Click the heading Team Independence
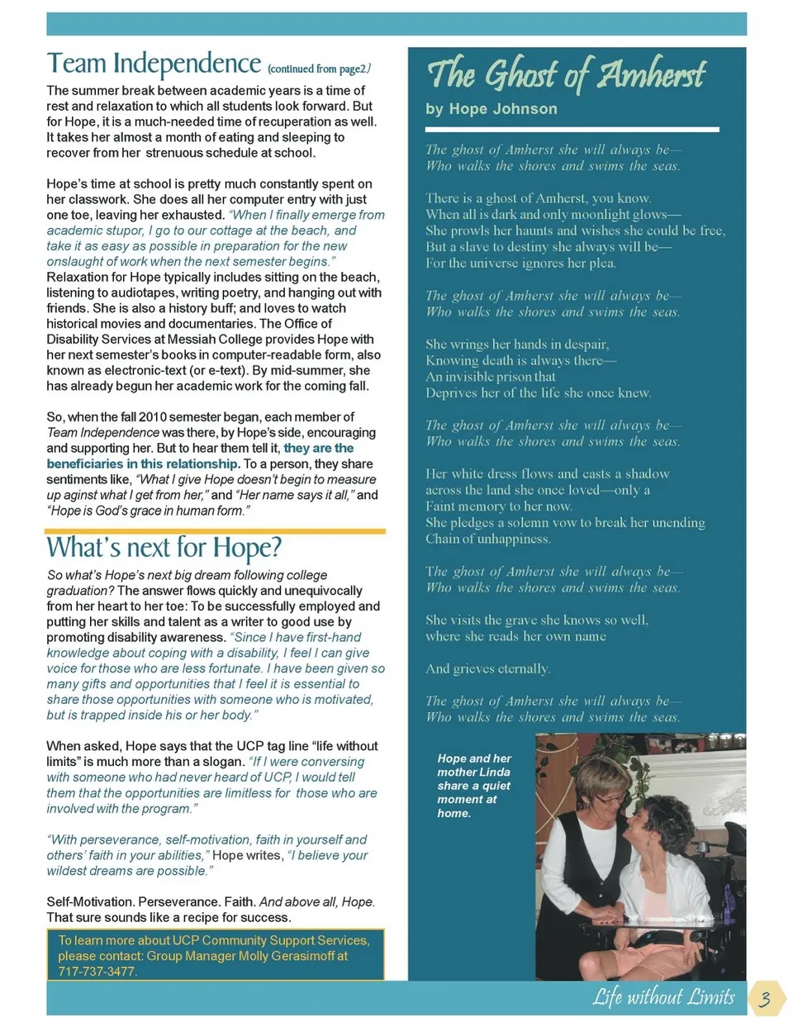(x=154, y=64)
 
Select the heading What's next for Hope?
(x=164, y=547)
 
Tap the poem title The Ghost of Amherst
(x=566, y=74)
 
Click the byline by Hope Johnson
(x=491, y=109)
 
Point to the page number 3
(x=766, y=998)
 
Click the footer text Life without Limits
(x=662, y=997)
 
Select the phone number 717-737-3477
(x=97, y=972)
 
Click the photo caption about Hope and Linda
(x=474, y=785)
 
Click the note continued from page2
(x=319, y=69)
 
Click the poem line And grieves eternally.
(x=487, y=668)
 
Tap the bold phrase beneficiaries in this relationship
(x=143, y=464)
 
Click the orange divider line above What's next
(x=216, y=531)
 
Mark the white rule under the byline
(x=572, y=130)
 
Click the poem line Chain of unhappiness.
(x=488, y=539)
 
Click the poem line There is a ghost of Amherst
(x=538, y=198)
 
